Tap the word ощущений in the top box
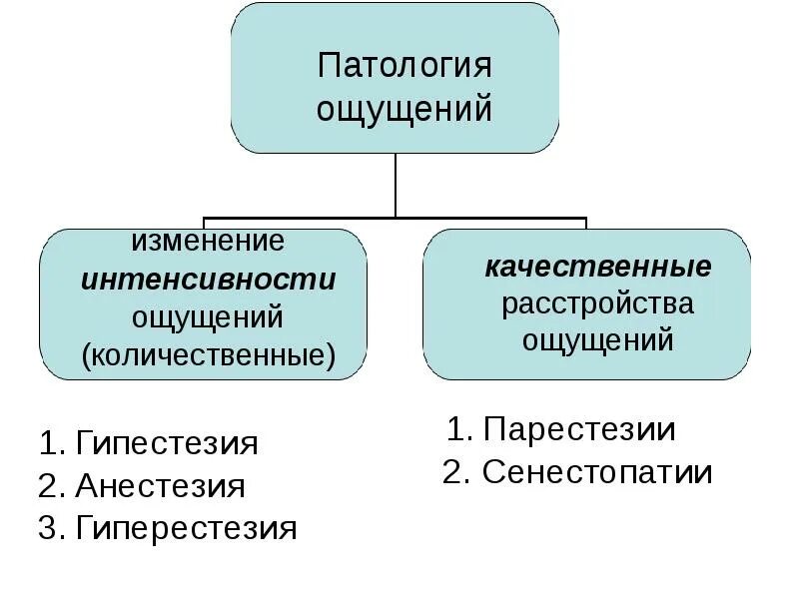pos(404,108)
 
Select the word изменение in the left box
pos(209,241)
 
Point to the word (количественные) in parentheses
pos(209,354)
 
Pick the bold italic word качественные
pos(598,267)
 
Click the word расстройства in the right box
pos(597,302)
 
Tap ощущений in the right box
pos(597,339)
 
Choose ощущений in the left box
pos(209,316)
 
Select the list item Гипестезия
pos(166,443)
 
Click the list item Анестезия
pos(160,486)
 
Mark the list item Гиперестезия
pos(186,528)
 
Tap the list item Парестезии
pos(578,430)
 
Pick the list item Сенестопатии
pos(596,472)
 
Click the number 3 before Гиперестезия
pos(47,528)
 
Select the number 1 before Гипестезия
pos(47,443)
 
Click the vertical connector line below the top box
pos(396,185)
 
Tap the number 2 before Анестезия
pos(47,486)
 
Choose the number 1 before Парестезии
pos(456,430)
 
